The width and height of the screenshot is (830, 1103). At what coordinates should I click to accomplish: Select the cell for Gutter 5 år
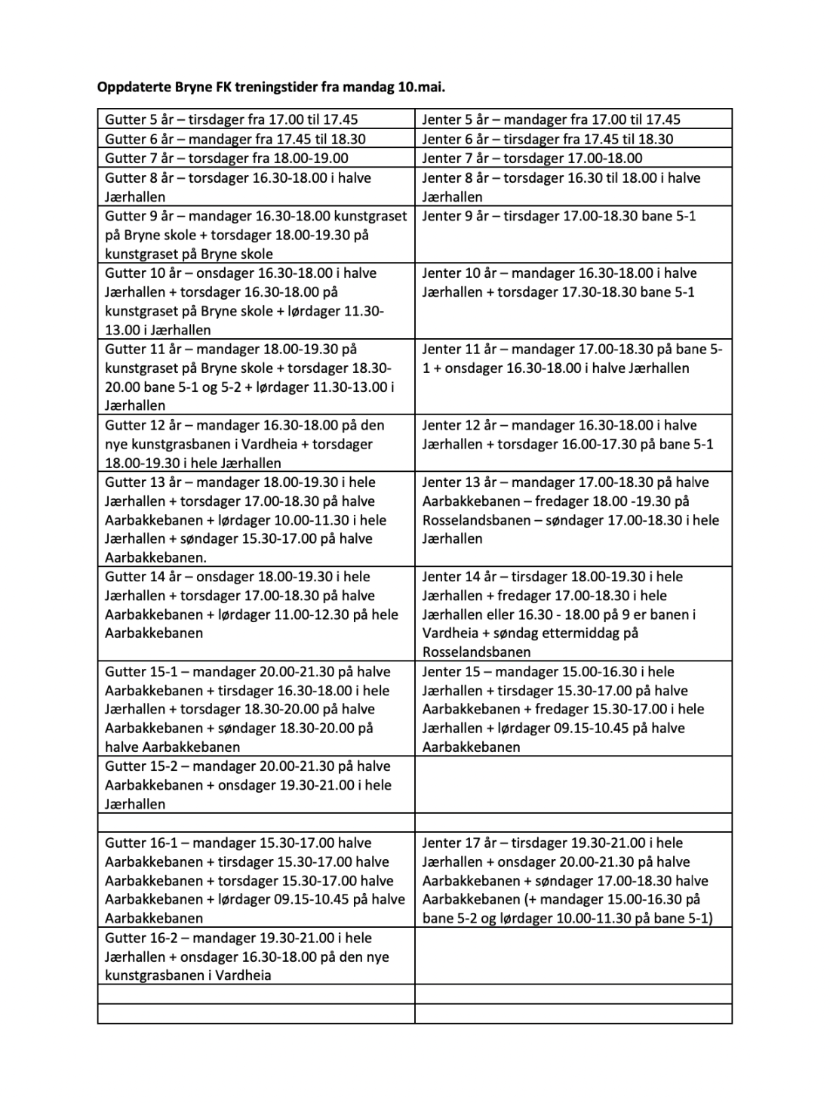pos(256,119)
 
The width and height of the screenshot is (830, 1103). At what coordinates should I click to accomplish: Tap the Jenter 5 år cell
pos(573,119)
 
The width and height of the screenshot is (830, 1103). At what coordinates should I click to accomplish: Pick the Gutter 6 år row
pos(256,139)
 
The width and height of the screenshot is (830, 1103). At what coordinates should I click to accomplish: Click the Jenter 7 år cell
pos(573,159)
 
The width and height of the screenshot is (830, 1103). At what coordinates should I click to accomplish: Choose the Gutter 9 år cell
pos(256,235)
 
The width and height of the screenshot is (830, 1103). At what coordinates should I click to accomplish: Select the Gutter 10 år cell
pos(256,301)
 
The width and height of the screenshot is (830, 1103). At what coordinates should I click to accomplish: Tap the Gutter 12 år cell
pos(256,444)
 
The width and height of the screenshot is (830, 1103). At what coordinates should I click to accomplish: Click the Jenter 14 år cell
pos(573,614)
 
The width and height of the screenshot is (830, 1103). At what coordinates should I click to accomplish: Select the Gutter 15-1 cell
pos(256,709)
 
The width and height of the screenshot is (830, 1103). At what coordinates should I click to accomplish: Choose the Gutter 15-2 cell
pos(256,785)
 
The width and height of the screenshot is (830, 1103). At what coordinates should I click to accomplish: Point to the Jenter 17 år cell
pos(573,880)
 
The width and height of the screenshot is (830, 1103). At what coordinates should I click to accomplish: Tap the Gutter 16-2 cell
pos(256,957)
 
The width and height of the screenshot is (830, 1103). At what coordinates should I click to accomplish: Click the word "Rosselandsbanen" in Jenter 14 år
pos(476,652)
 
